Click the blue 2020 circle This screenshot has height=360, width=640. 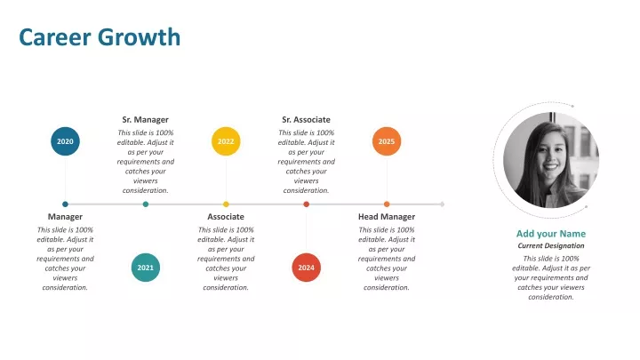[x=65, y=141]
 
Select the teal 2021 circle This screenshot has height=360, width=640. [x=145, y=268]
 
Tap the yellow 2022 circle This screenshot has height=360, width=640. [x=226, y=141]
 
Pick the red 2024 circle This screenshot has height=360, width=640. [x=306, y=268]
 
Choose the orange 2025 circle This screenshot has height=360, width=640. [x=387, y=141]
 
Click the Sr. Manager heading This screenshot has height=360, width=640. [x=145, y=120]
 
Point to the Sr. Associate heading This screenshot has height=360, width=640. [x=306, y=120]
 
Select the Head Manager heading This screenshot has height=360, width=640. [x=387, y=217]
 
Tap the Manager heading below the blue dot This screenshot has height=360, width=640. [x=65, y=217]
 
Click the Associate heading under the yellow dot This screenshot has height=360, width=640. [x=226, y=217]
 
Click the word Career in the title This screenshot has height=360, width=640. [x=55, y=37]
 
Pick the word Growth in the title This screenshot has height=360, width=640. [x=140, y=37]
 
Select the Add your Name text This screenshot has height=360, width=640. [x=551, y=234]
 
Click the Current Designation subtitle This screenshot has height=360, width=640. [x=551, y=245]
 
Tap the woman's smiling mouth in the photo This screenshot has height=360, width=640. [x=550, y=166]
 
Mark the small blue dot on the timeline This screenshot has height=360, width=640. [x=65, y=204]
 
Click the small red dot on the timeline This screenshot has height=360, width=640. [x=306, y=204]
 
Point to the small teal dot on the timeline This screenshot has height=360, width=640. [x=145, y=204]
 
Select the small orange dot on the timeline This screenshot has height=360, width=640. [x=387, y=204]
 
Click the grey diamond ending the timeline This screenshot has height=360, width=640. [x=442, y=204]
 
